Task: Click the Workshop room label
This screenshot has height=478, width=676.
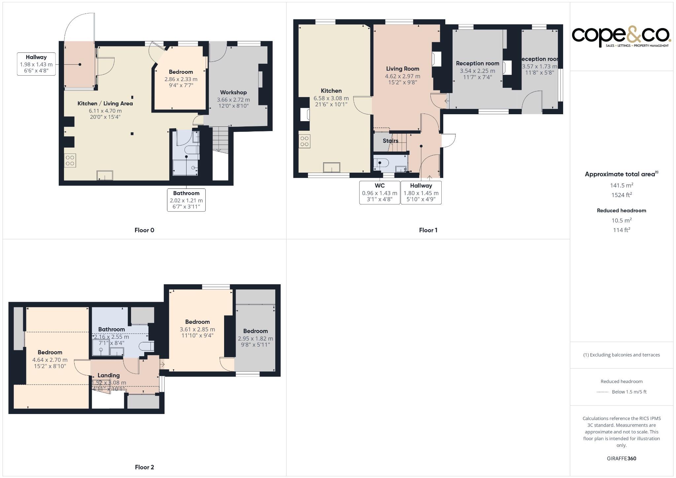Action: tap(233, 92)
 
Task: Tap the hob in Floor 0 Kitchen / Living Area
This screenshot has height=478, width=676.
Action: tap(70, 160)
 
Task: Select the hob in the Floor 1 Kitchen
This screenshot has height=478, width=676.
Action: tap(304, 141)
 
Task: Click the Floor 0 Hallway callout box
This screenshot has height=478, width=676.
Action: tap(36, 64)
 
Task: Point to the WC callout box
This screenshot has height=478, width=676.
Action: tap(380, 192)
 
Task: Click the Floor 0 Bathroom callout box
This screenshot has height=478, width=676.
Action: tap(186, 200)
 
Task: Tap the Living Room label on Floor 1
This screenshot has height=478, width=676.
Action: tap(402, 69)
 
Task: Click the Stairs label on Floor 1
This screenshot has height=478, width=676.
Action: tap(390, 141)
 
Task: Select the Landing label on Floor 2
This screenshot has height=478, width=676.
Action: tap(108, 375)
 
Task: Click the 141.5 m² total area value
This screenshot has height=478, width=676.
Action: tap(621, 185)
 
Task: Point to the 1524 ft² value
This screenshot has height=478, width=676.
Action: tap(621, 195)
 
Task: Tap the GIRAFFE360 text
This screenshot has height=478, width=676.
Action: tap(621, 458)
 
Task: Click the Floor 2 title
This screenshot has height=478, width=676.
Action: tap(144, 467)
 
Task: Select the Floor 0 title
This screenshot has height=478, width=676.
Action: tap(144, 230)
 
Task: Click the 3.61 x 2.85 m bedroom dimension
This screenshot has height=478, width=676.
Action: tap(197, 329)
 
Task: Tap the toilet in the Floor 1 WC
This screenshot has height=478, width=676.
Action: tap(381, 163)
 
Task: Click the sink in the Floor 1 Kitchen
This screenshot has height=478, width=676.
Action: tap(331, 167)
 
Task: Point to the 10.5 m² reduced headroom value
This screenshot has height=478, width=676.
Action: tap(621, 220)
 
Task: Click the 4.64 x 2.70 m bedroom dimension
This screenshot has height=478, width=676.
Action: tap(50, 360)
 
